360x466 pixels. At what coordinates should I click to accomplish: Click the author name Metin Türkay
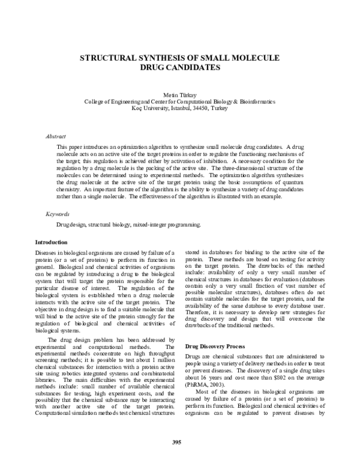pos(179,95)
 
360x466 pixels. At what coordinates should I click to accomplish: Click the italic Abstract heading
pos(56,137)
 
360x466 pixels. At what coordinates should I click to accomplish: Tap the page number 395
pos(177,443)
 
